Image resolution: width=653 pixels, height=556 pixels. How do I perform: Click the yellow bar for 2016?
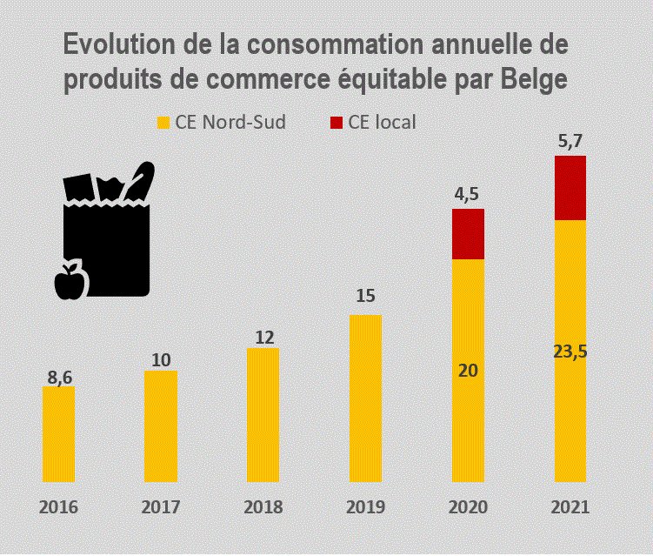[x=58, y=433]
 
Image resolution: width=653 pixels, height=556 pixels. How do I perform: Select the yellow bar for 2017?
[x=160, y=425]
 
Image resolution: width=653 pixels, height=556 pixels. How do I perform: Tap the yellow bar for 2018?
[x=263, y=414]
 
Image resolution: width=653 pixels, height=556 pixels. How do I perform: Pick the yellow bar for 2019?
[x=365, y=398]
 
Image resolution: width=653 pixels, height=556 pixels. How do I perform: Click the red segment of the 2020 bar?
[x=468, y=234]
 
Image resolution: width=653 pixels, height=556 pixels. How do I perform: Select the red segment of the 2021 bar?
[x=570, y=188]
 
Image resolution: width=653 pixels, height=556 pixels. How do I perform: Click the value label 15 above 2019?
[x=365, y=297]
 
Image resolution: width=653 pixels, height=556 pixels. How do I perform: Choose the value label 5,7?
[x=570, y=141]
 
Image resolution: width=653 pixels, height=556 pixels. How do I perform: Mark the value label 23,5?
[x=570, y=351]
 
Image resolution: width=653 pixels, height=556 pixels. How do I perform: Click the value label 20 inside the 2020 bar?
[x=468, y=370]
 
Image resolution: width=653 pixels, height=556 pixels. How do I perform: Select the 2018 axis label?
[x=263, y=507]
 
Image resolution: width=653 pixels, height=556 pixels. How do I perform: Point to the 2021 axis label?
[x=570, y=507]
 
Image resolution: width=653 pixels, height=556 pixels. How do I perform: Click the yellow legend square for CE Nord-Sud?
[x=162, y=123]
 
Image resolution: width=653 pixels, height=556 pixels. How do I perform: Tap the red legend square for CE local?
[x=335, y=123]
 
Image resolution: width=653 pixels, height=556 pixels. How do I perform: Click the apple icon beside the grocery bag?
[x=68, y=280]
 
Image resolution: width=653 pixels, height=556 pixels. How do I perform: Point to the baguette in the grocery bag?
[x=140, y=179]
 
